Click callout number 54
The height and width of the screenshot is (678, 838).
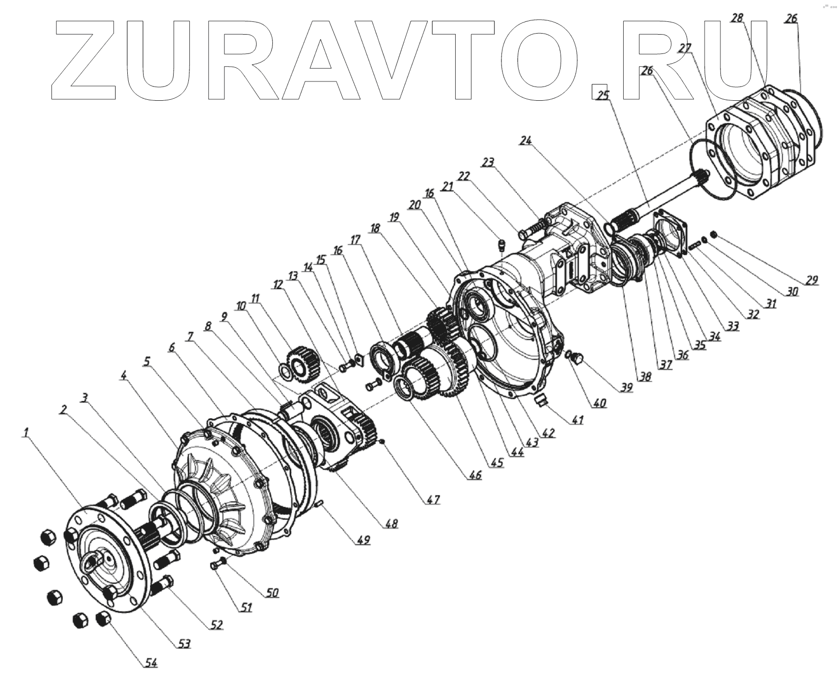[x=150, y=663]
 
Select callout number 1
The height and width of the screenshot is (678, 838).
[x=25, y=432]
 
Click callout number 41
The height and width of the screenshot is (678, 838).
[x=577, y=420]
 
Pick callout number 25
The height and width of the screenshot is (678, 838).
[x=603, y=95]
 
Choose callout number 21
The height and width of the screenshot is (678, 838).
[x=447, y=187]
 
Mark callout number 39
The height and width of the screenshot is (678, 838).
[x=626, y=387]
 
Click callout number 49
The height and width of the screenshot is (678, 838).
[x=363, y=540]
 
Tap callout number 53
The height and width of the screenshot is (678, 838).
[x=183, y=644]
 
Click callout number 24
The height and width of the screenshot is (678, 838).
[x=526, y=141]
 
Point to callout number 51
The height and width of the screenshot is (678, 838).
[x=246, y=608]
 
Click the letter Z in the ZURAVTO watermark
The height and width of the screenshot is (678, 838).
[x=85, y=61]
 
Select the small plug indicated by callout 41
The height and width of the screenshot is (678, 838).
[x=542, y=400]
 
